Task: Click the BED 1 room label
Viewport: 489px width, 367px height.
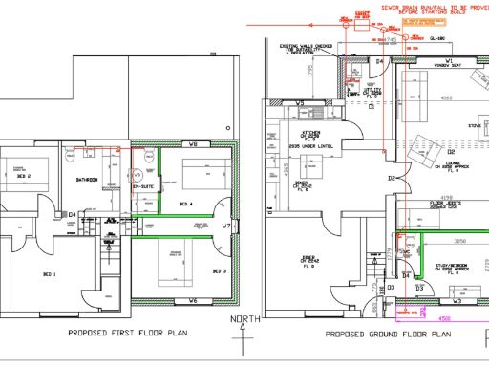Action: [48, 273]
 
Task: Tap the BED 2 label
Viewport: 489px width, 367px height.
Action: [23, 177]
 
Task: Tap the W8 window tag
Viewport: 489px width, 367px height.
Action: [193, 144]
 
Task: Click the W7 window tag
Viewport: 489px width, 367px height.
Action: [226, 227]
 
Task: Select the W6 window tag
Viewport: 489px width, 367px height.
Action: [193, 301]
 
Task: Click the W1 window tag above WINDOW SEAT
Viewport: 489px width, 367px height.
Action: [448, 59]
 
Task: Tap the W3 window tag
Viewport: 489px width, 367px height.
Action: [457, 301]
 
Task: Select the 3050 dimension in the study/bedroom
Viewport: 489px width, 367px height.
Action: [458, 242]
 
